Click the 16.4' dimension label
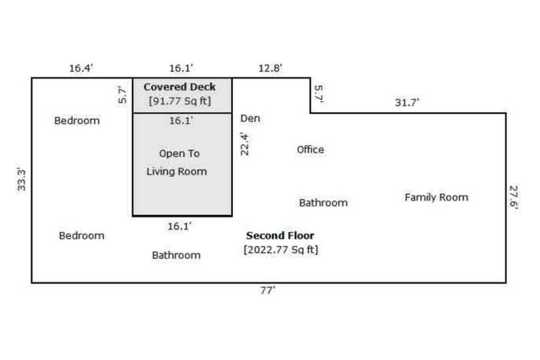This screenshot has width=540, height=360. point(81,67)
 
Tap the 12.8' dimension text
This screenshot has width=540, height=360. point(271,67)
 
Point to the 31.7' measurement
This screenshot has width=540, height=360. point(408,102)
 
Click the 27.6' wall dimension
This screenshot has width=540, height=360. point(514,197)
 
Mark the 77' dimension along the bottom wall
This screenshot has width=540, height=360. point(267,290)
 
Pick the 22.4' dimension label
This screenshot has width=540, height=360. point(246,143)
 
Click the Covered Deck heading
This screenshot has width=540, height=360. point(180,87)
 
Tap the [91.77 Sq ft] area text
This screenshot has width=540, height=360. point(180,101)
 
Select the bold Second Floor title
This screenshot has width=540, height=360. point(280,235)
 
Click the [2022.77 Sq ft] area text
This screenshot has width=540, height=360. point(281,250)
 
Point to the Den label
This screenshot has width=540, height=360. point(251,119)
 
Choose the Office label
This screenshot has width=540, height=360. point(310,150)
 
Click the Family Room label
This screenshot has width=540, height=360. point(436,197)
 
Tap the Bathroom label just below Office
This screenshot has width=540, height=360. point(323,203)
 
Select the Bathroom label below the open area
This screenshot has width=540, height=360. point(176,255)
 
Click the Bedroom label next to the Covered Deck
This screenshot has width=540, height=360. point(77,121)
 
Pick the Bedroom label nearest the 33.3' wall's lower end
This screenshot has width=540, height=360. point(82,236)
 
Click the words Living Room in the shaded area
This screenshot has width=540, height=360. point(176,171)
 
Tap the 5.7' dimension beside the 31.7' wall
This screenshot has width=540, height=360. point(318,93)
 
